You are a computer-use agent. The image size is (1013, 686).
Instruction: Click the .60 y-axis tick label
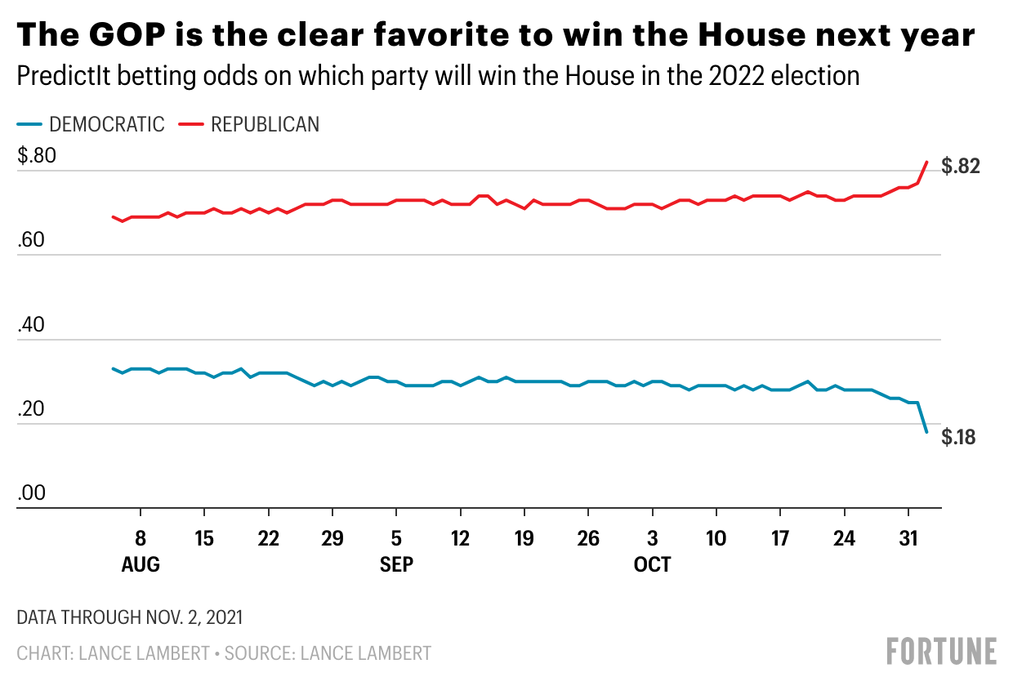tap(32, 241)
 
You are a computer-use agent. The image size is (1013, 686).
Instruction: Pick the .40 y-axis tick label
tap(32, 326)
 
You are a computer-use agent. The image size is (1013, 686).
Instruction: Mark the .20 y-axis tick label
tap(32, 410)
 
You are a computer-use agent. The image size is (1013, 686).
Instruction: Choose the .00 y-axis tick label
tap(32, 494)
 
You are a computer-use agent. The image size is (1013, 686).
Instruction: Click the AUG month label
tap(141, 565)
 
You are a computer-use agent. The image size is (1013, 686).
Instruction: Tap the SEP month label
tap(396, 565)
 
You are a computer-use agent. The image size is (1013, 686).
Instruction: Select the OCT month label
tap(652, 565)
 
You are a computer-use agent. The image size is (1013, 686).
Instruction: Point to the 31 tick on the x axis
tap(908, 540)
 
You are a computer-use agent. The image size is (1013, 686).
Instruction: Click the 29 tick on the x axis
tap(332, 540)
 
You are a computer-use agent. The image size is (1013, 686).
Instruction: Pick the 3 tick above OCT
tap(652, 540)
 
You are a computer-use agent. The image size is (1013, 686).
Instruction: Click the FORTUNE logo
tap(941, 651)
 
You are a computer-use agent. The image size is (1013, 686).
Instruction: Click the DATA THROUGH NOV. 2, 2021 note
tap(129, 617)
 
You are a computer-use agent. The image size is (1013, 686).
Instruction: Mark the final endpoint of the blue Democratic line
tap(926, 432)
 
